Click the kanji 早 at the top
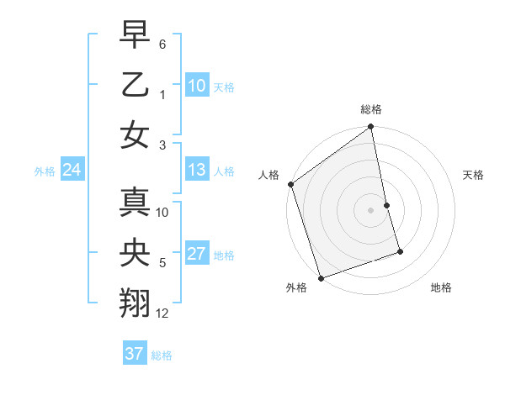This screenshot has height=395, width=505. [x=137, y=36]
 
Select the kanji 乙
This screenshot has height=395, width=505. [x=137, y=85]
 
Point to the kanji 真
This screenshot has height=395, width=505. [x=137, y=203]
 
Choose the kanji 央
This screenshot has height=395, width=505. [x=137, y=252]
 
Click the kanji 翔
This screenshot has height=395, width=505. [x=137, y=302]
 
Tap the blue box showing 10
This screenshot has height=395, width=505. [x=196, y=85]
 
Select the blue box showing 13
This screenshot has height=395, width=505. [x=196, y=170]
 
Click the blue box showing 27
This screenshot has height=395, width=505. [x=196, y=254]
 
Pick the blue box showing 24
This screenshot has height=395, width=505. [x=72, y=170]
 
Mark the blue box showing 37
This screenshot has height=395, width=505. [x=134, y=354]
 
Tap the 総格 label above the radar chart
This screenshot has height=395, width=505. [x=370, y=110]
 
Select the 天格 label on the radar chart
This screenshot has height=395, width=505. [x=473, y=175]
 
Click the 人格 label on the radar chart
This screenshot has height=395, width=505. [x=268, y=175]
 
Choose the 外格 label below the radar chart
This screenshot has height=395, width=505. [x=296, y=288]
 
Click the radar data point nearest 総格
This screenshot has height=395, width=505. [x=370, y=128]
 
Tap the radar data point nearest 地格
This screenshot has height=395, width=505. [x=400, y=251]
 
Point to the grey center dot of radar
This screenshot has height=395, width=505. [x=370, y=209]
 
